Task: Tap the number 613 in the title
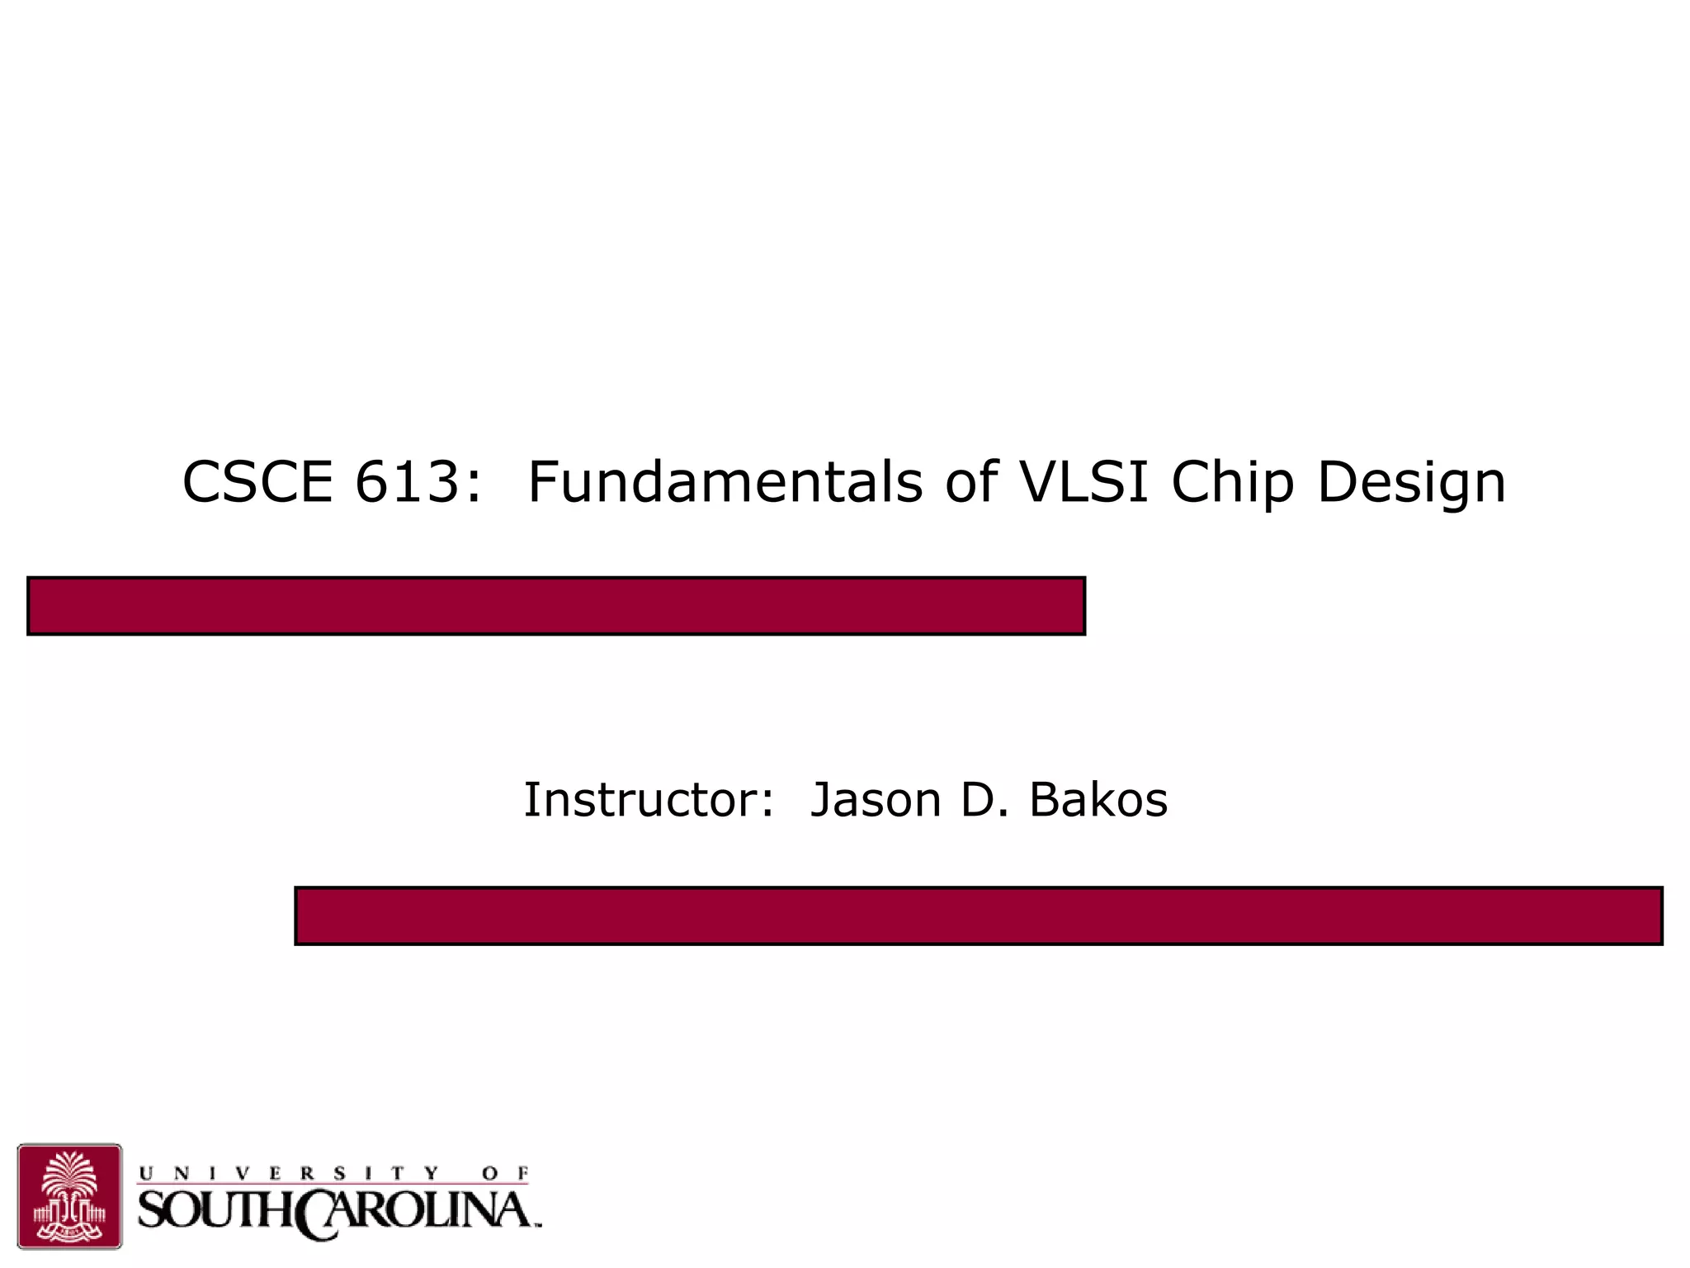click(405, 482)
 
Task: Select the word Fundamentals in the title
click(725, 482)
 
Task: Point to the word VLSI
click(1084, 482)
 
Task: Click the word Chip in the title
click(1233, 484)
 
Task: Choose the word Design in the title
click(1412, 484)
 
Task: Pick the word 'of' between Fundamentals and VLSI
click(972, 482)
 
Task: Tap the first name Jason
click(876, 800)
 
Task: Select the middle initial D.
click(980, 800)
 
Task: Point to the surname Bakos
click(1098, 800)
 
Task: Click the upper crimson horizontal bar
click(556, 606)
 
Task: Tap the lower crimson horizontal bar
click(979, 916)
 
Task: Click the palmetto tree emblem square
click(69, 1195)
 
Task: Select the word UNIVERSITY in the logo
click(289, 1173)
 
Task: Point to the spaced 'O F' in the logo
click(506, 1173)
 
